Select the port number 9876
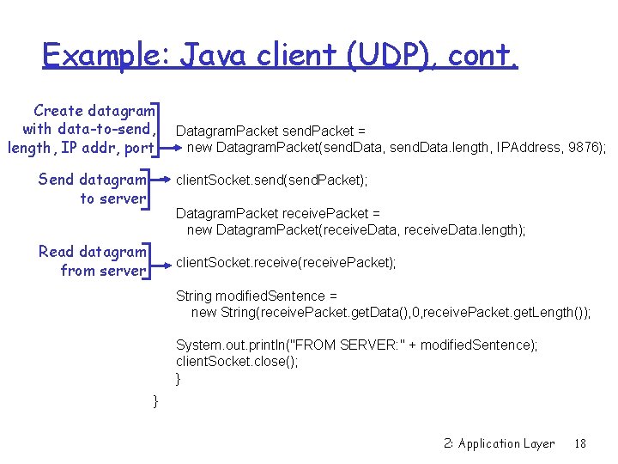point(586,147)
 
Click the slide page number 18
point(580,443)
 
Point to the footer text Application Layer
point(506,443)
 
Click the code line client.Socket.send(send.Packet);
point(272,180)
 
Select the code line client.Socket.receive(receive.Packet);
point(286,263)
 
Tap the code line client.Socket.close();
point(237,361)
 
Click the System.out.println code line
point(356,345)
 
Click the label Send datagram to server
point(93,189)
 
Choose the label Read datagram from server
point(93,261)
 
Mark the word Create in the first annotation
point(58,111)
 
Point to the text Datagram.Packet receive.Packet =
point(278,213)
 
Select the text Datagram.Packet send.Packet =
point(270,131)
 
